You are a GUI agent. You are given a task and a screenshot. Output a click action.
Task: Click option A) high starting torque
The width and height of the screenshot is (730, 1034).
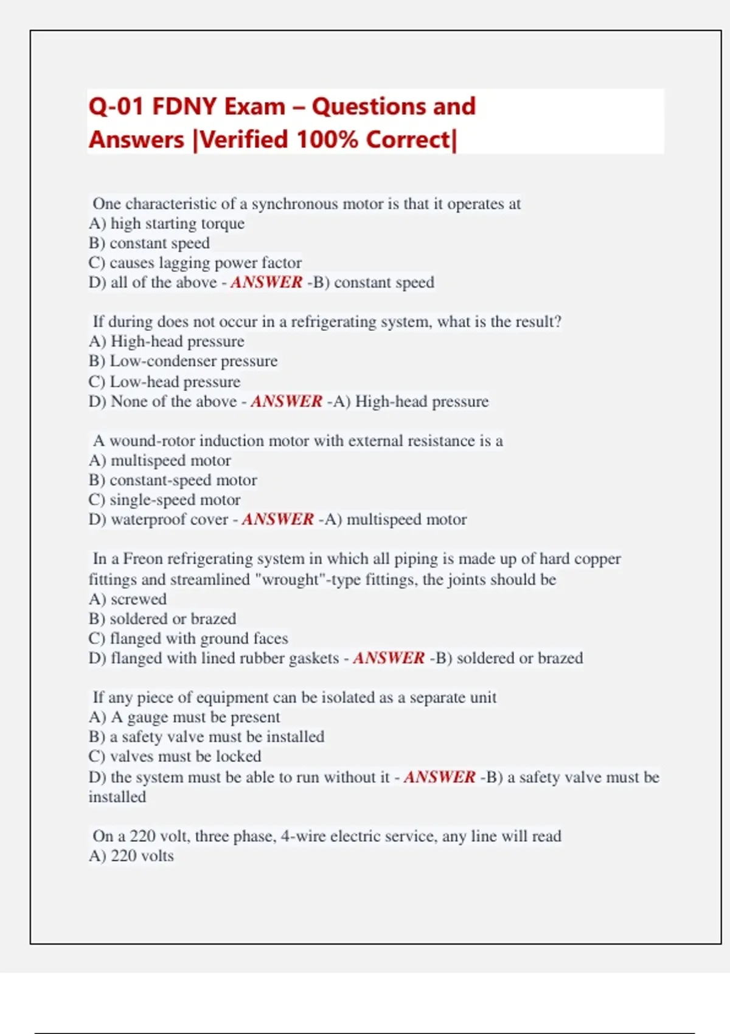pos(167,224)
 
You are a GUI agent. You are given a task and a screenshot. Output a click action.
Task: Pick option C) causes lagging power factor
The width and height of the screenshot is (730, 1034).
pos(195,263)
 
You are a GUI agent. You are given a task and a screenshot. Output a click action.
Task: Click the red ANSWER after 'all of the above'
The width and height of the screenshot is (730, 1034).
pos(266,282)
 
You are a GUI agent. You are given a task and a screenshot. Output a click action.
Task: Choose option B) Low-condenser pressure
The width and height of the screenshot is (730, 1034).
pos(182,361)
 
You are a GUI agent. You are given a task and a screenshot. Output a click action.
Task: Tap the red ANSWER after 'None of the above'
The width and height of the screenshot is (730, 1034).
pos(286,401)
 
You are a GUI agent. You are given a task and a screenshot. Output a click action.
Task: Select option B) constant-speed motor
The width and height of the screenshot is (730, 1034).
pos(173,481)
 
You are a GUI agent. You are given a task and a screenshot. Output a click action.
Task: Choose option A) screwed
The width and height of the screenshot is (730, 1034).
pos(128,599)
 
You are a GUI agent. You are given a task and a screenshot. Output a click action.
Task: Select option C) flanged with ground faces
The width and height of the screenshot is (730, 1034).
pos(188,639)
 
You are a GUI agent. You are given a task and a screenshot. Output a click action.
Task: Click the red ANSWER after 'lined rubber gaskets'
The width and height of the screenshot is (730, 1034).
pos(388,658)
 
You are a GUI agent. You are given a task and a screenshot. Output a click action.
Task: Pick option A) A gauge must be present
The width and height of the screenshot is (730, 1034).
pos(184,717)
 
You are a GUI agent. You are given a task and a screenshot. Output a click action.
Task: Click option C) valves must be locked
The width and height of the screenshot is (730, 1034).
pos(175,757)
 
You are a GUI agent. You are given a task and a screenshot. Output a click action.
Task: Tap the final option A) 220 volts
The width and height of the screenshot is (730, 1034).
pos(131,856)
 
